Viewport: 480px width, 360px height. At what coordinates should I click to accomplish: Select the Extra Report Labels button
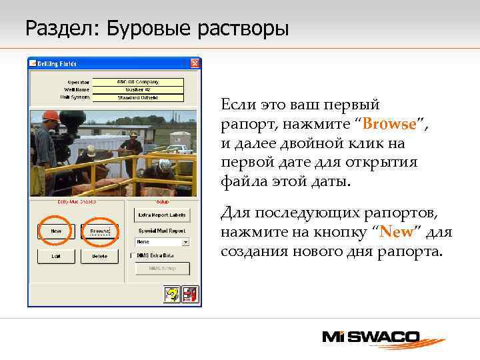click(163, 215)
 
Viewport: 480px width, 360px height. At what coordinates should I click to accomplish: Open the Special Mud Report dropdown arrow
click(186, 242)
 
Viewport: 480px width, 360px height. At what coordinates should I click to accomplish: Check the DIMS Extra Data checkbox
click(132, 255)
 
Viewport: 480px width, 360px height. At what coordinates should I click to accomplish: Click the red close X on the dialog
click(195, 64)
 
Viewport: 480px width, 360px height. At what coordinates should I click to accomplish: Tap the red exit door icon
click(191, 294)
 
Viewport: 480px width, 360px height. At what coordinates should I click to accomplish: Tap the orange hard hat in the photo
click(51, 116)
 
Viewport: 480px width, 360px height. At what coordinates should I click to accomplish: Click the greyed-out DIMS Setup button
click(163, 268)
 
